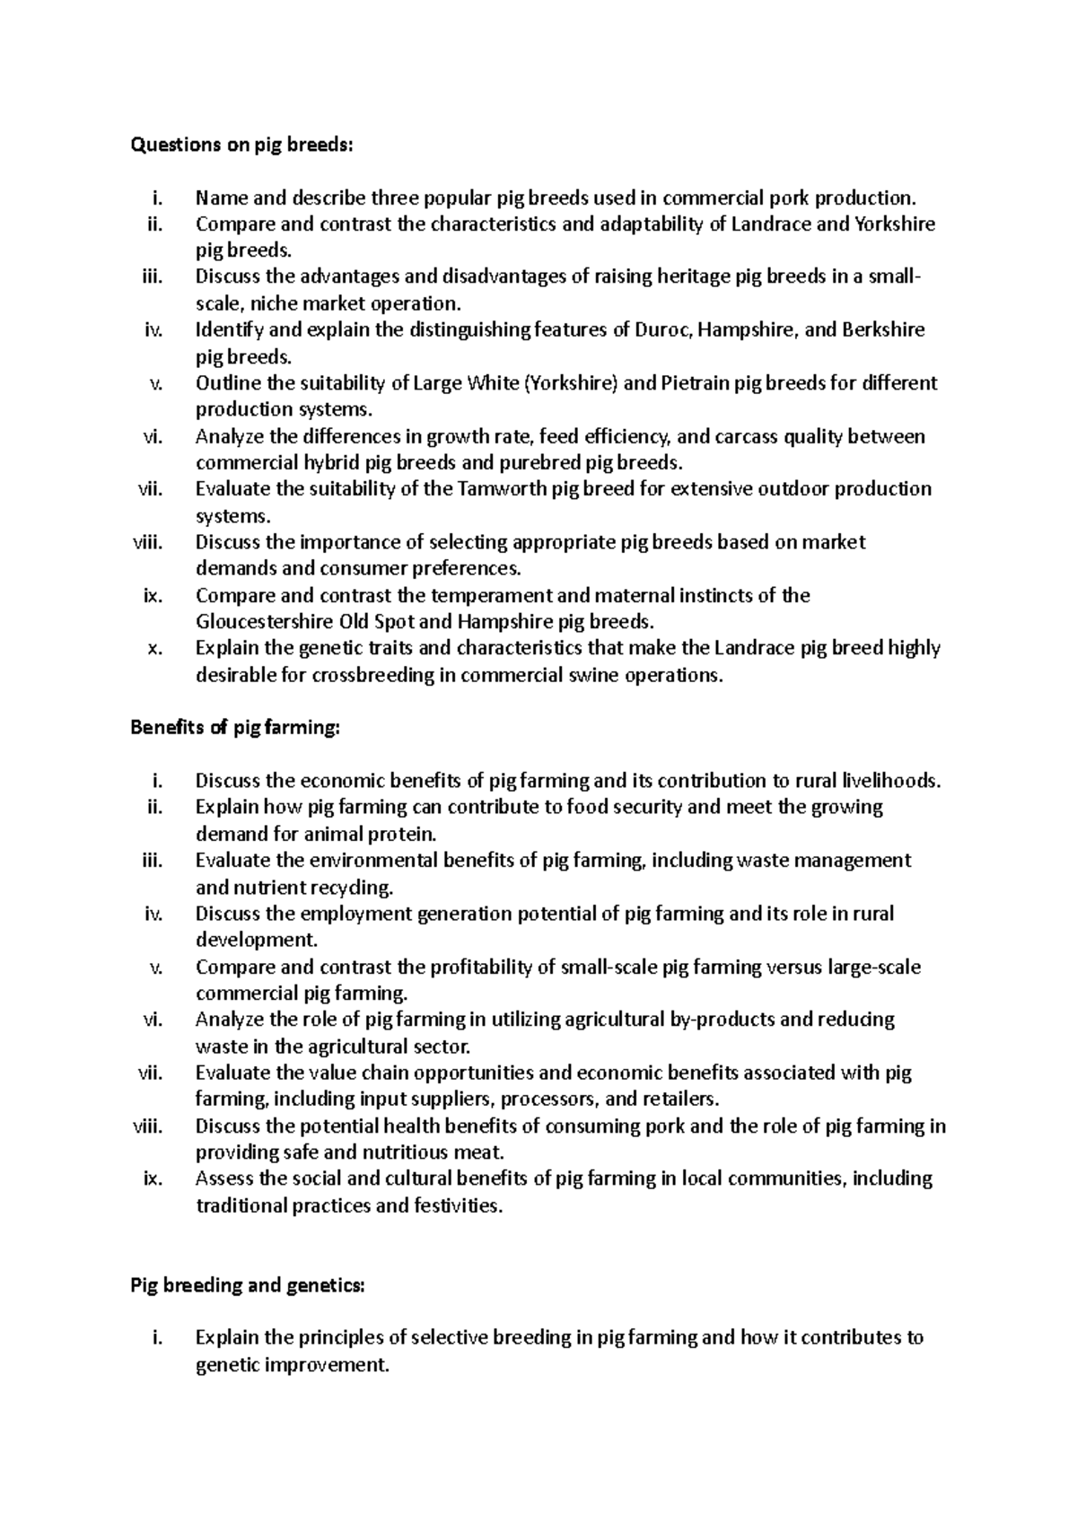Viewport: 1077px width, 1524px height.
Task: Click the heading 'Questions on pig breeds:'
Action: point(242,145)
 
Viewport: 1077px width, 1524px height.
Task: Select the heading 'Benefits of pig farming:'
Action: point(236,728)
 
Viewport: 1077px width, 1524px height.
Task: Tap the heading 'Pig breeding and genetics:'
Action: point(249,1285)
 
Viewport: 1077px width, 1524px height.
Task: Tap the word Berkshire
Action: point(883,330)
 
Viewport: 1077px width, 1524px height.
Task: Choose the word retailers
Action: point(679,1099)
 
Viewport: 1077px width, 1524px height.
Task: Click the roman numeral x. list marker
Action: point(153,648)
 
